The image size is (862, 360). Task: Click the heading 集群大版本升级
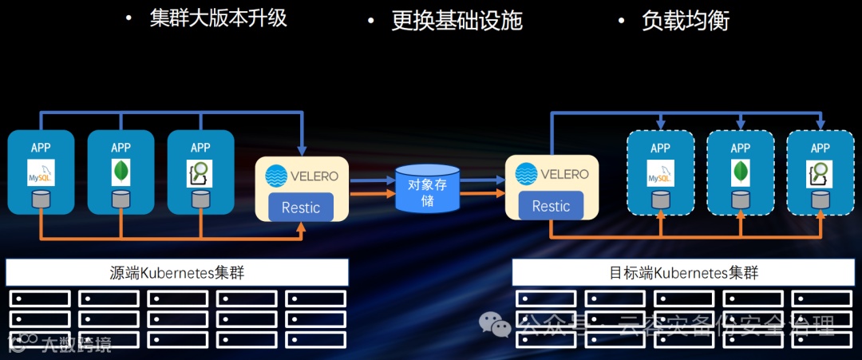(x=217, y=18)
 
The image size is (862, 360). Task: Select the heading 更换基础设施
(x=457, y=20)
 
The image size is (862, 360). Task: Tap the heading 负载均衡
(x=686, y=20)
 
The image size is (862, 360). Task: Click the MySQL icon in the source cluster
(x=40, y=172)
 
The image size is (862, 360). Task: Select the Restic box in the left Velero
(x=301, y=208)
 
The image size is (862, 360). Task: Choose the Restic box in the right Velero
(x=551, y=206)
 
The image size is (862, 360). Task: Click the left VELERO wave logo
(x=275, y=176)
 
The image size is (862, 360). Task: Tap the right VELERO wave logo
(x=526, y=174)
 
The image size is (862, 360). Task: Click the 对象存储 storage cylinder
(x=427, y=188)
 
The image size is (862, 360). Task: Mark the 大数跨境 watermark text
(x=76, y=345)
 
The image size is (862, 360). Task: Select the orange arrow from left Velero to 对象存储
(x=373, y=194)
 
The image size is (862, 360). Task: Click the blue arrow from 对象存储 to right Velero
(x=482, y=180)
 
